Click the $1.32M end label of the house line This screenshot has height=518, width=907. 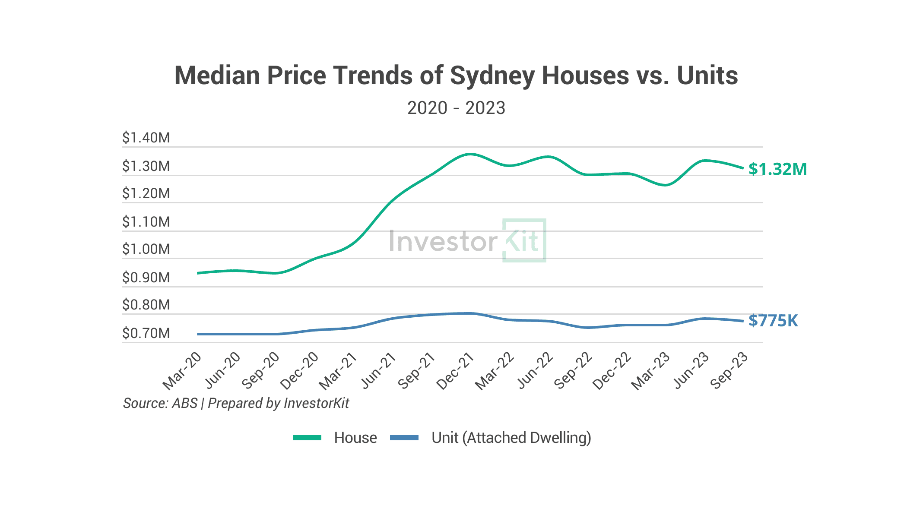[x=777, y=169]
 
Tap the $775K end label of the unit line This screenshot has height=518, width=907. [x=773, y=321]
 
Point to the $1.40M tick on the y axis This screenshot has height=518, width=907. [x=146, y=138]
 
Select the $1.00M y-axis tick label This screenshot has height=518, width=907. [x=146, y=249]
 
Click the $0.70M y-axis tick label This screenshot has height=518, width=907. [x=146, y=333]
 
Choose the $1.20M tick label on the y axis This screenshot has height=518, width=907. [x=146, y=193]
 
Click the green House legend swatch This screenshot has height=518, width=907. [x=307, y=438]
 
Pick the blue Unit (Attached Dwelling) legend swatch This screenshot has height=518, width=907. [x=404, y=438]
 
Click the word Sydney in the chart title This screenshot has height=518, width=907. [x=492, y=76]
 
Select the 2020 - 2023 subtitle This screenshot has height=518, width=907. [x=456, y=108]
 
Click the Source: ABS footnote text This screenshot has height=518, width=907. [x=160, y=403]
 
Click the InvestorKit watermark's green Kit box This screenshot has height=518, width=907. [x=524, y=240]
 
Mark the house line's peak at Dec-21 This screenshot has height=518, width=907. [x=470, y=154]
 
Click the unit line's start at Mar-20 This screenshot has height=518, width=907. [x=198, y=334]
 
